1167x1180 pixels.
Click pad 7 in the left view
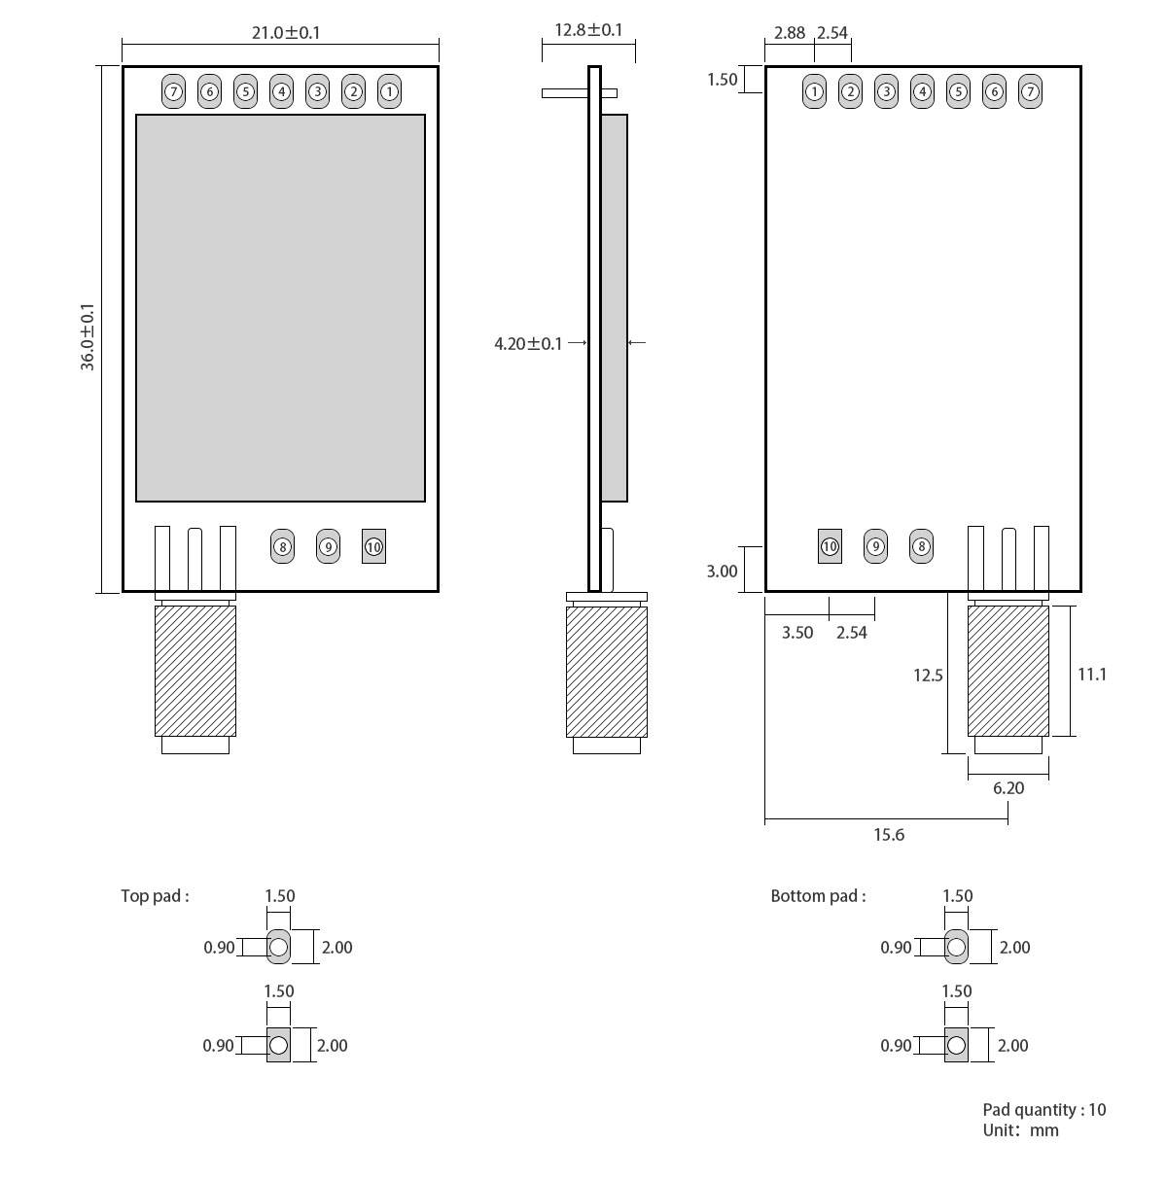pos(173,92)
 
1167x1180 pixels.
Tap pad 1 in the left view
pos(389,92)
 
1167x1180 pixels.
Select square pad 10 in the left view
pos(373,547)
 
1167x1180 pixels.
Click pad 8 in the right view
pos(921,546)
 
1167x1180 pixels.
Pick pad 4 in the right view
pos(922,92)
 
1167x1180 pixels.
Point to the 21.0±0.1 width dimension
pos(286,32)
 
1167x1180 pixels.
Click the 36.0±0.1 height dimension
pos(88,336)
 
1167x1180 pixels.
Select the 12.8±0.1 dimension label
pos(588,30)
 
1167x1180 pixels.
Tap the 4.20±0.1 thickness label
pos(528,343)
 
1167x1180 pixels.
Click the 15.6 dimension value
pos(889,835)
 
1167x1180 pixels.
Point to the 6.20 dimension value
pos(1008,788)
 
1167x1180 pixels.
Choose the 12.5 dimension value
pos(928,675)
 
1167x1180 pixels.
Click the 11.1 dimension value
pos(1092,674)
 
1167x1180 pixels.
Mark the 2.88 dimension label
pos(790,32)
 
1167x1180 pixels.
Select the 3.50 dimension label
pos(797,633)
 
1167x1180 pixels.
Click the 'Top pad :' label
pos(155,896)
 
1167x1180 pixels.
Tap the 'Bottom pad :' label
pos(818,896)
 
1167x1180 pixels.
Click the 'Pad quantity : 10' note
pos(1044,1110)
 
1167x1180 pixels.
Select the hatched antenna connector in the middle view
pos(607,671)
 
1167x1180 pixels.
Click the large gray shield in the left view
pos(280,308)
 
